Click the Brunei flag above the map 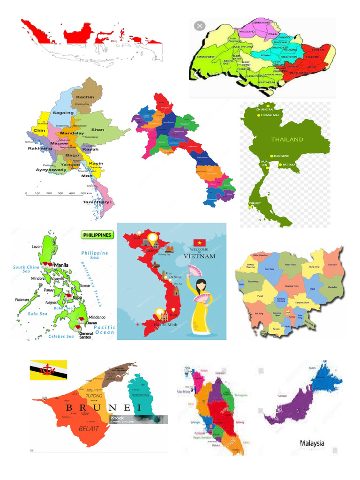pos(48,370)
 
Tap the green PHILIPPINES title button pos(97,234)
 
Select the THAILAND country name pos(287,139)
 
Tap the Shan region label pos(97,129)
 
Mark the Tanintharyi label pos(98,202)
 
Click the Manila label pos(61,265)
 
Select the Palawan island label pos(22,299)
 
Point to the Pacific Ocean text pos(105,330)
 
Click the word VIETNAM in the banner pos(200,256)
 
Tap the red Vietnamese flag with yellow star pos(200,242)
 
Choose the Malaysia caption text pos(312,442)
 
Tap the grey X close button pos(200,26)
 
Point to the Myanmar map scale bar pos(56,193)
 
